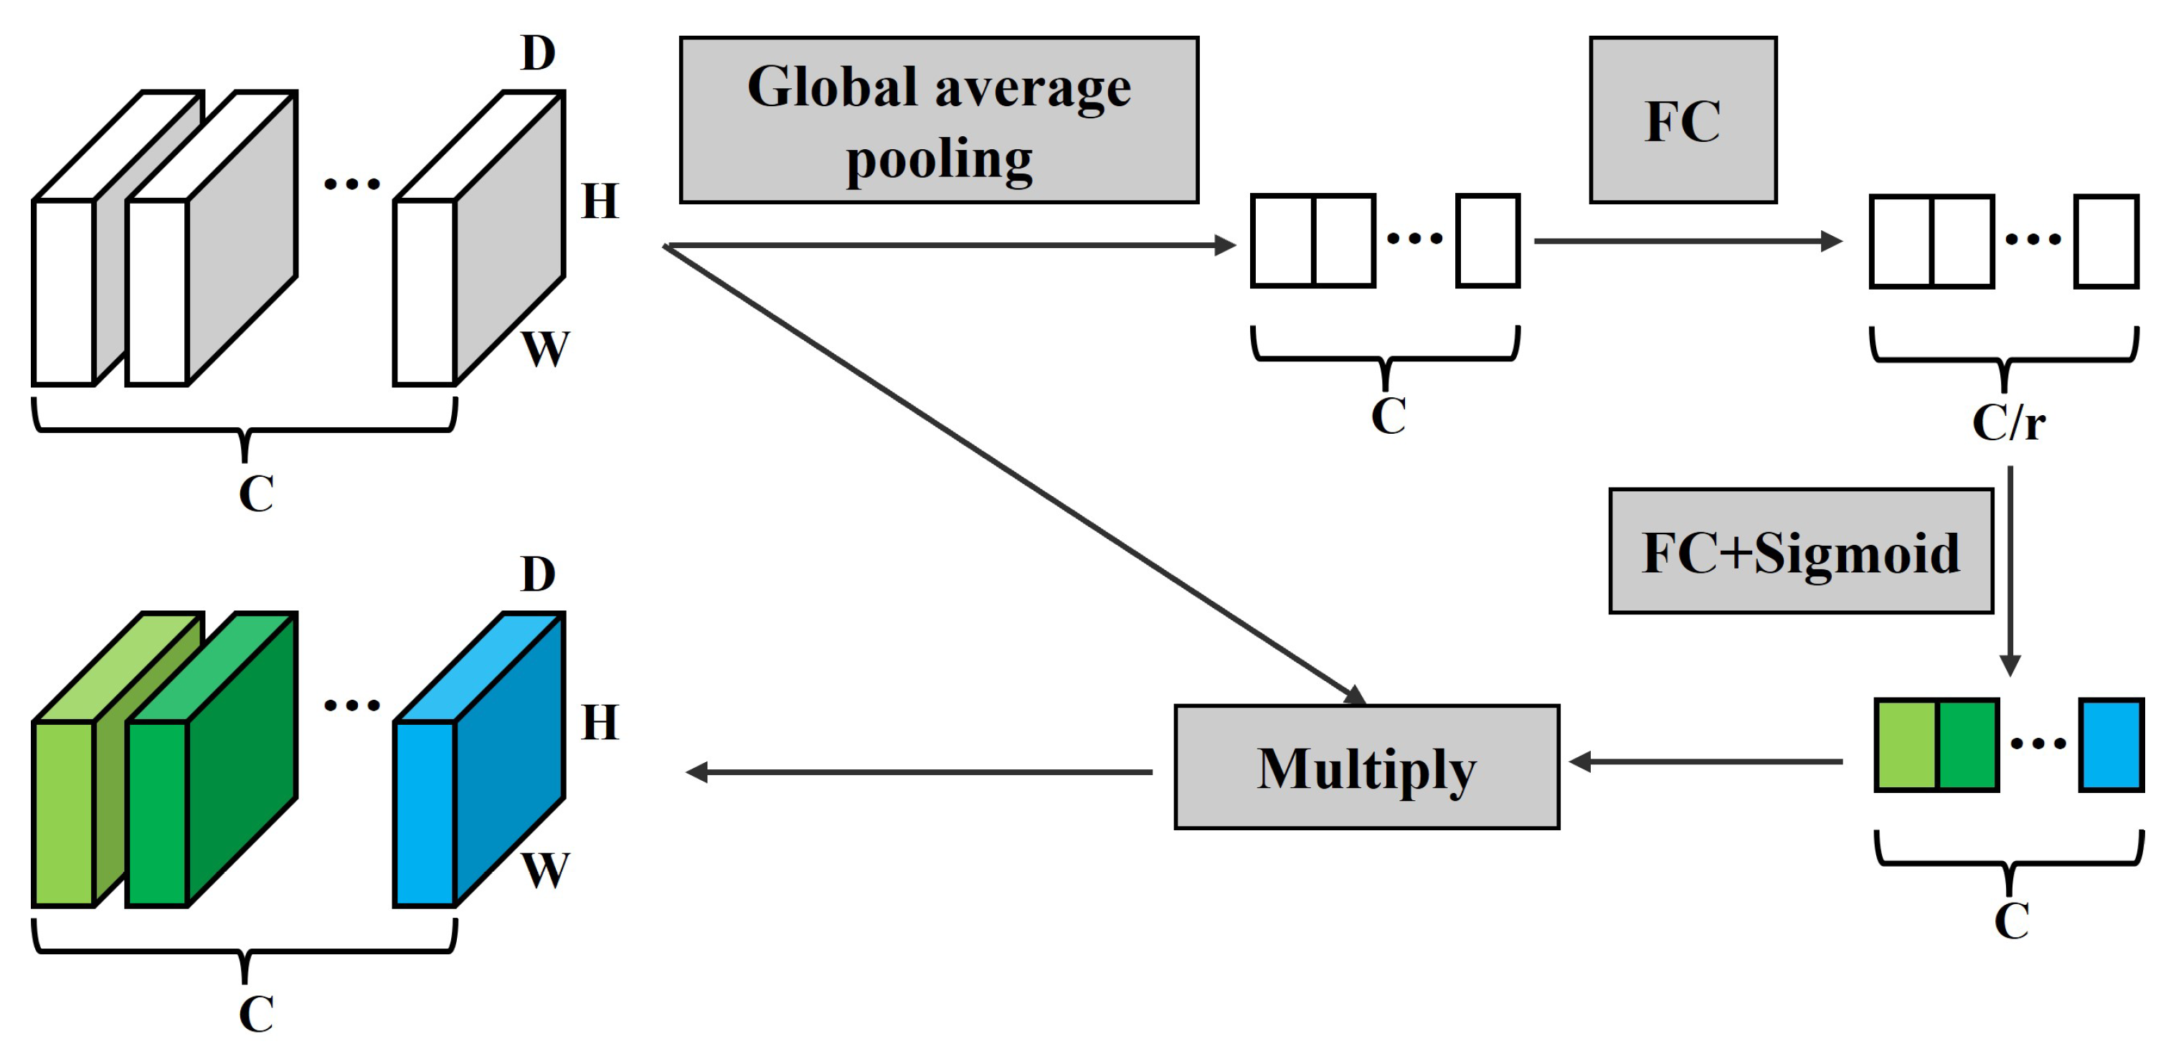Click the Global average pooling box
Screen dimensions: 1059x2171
(938, 120)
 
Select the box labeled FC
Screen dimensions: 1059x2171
(1682, 120)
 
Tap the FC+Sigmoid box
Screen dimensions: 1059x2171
(1800, 551)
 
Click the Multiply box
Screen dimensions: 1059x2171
(1366, 766)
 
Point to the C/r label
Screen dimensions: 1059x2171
(2007, 422)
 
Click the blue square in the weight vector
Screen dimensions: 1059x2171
(2110, 745)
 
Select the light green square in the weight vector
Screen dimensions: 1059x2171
(1906, 745)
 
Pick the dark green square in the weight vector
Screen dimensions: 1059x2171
(1967, 745)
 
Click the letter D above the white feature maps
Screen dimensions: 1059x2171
(538, 53)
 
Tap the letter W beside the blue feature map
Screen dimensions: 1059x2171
(545, 870)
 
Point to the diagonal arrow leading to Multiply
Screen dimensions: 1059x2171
(1011, 472)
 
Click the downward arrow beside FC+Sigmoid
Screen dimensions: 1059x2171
(2010, 573)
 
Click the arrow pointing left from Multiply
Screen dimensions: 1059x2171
(919, 771)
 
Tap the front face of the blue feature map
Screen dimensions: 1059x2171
(425, 813)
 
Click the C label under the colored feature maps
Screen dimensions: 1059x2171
(255, 1014)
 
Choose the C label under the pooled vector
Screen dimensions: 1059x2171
(1388, 415)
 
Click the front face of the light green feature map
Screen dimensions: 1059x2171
(63, 813)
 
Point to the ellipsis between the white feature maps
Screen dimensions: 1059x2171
(351, 184)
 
